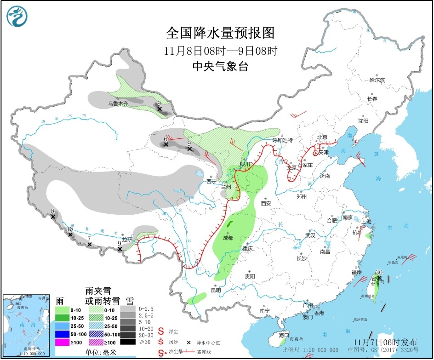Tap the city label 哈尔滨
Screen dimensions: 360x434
pos(377,80)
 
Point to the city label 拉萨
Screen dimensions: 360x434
pos(127,239)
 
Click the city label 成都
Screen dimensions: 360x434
pos(228,238)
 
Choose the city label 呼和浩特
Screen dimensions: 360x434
pos(282,140)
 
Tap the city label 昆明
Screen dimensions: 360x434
pos(215,290)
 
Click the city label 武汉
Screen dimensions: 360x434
pos(310,235)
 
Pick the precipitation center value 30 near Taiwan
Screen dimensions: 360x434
pos(379,272)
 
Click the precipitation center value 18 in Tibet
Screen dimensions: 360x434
pos(70,229)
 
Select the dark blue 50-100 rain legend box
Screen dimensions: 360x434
pos(63,334)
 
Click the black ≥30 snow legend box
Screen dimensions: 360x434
pos(128,342)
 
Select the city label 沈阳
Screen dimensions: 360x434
pos(363,121)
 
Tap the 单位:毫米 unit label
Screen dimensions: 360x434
pos(100,352)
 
